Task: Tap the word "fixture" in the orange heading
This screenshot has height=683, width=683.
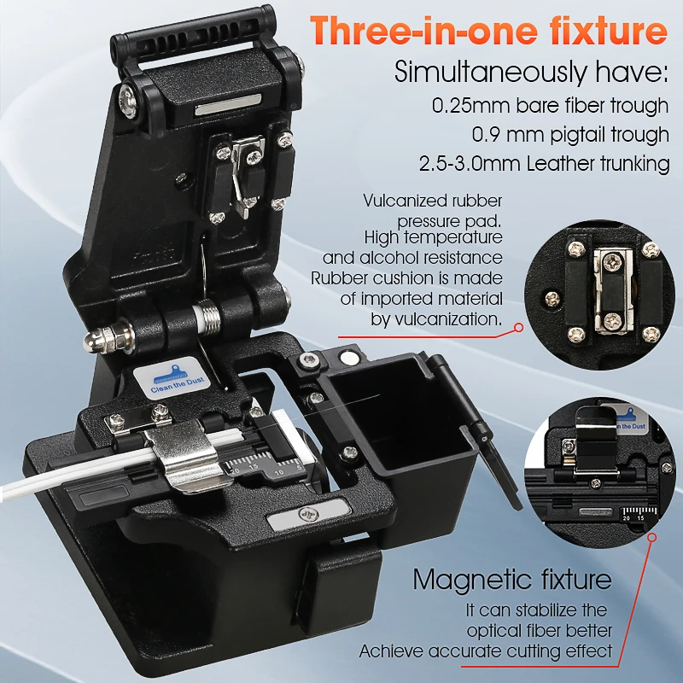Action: coord(612,31)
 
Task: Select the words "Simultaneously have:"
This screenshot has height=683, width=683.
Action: coord(530,72)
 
